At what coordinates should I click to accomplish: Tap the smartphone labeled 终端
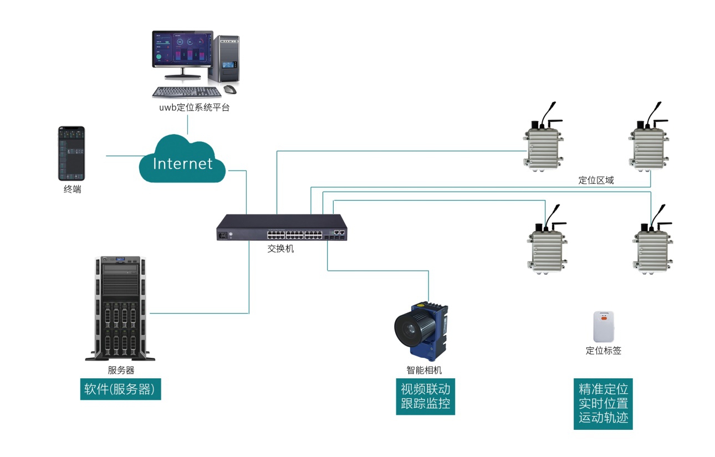(71, 153)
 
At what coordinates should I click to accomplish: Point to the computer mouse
(229, 89)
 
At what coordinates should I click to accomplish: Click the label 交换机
(280, 249)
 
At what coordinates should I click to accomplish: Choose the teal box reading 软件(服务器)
(120, 389)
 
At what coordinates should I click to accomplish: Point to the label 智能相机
(424, 371)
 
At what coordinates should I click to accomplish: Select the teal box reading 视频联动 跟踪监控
(425, 396)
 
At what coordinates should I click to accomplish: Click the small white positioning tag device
(604, 327)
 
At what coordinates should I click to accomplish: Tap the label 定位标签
(604, 351)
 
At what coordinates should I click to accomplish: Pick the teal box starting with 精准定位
(603, 403)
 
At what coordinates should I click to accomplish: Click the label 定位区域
(596, 180)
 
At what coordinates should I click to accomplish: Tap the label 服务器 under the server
(121, 370)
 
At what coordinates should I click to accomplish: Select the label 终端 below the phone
(72, 189)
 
